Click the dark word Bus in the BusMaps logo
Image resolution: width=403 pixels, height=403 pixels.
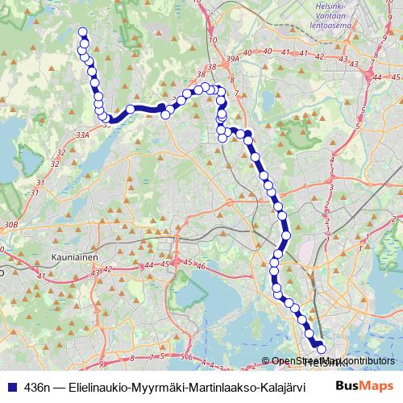coord(347,387)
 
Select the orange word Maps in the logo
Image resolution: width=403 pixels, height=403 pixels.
coord(377,387)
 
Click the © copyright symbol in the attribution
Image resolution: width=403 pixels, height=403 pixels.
coord(266,362)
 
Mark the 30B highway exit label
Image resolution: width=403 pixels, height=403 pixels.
coord(9,224)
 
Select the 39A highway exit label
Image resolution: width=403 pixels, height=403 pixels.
coord(234,59)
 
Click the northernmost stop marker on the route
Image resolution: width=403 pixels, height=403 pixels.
coord(81,32)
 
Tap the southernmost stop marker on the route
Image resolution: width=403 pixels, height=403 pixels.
coord(322,349)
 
